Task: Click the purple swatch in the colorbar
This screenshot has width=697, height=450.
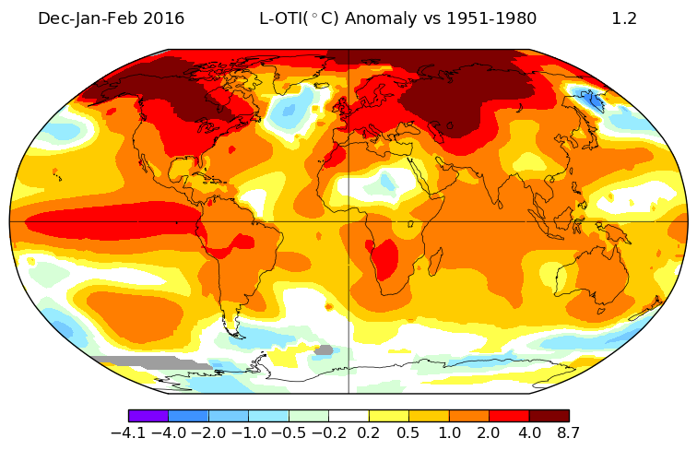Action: pyautogui.click(x=148, y=416)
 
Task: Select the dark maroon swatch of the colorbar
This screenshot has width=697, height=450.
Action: pyautogui.click(x=549, y=416)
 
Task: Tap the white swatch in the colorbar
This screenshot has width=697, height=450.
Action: pyautogui.click(x=348, y=416)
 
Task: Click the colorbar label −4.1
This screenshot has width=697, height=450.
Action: pyautogui.click(x=128, y=432)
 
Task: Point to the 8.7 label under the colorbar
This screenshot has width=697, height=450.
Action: pyautogui.click(x=568, y=432)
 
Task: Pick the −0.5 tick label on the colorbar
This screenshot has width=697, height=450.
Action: pyautogui.click(x=289, y=432)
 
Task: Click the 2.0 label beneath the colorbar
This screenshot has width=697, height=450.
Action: pyautogui.click(x=489, y=432)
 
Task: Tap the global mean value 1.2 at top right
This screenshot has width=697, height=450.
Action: pyautogui.click(x=624, y=18)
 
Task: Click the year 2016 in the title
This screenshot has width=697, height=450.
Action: pyautogui.click(x=167, y=18)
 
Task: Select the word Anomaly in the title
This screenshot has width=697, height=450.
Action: pyautogui.click(x=381, y=19)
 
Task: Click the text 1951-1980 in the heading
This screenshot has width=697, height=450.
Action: pyautogui.click(x=491, y=18)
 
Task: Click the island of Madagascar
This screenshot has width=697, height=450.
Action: pyautogui.click(x=435, y=262)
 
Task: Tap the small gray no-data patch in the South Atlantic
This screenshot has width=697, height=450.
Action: pyautogui.click(x=324, y=350)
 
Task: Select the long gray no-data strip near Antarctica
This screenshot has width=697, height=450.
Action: pyautogui.click(x=151, y=361)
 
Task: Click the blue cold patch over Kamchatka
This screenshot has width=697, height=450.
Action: pyautogui.click(x=590, y=99)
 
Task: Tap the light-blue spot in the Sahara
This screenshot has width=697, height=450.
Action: pyautogui.click(x=387, y=182)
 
